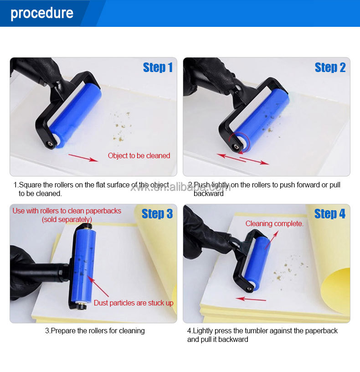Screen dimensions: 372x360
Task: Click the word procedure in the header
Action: pyautogui.click(x=42, y=13)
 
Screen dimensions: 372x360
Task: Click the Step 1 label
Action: pyautogui.click(x=158, y=67)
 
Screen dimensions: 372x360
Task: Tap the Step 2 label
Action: pyautogui.click(x=330, y=67)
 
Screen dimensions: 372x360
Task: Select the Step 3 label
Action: pyautogui.click(x=157, y=214)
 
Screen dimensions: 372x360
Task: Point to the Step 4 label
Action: pyautogui.click(x=329, y=214)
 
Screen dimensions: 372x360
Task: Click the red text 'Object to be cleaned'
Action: pyautogui.click(x=139, y=156)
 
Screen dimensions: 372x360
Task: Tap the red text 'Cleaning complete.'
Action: pyautogui.click(x=274, y=223)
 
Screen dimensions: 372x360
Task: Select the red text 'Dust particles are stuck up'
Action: pyautogui.click(x=134, y=303)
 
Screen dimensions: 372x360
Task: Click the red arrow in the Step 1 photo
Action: pyautogui.click(x=83, y=158)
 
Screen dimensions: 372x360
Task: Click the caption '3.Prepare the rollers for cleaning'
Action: pyautogui.click(x=95, y=331)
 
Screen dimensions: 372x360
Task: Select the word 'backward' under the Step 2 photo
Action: pyautogui.click(x=209, y=193)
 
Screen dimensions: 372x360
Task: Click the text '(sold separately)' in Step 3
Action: pyautogui.click(x=67, y=219)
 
